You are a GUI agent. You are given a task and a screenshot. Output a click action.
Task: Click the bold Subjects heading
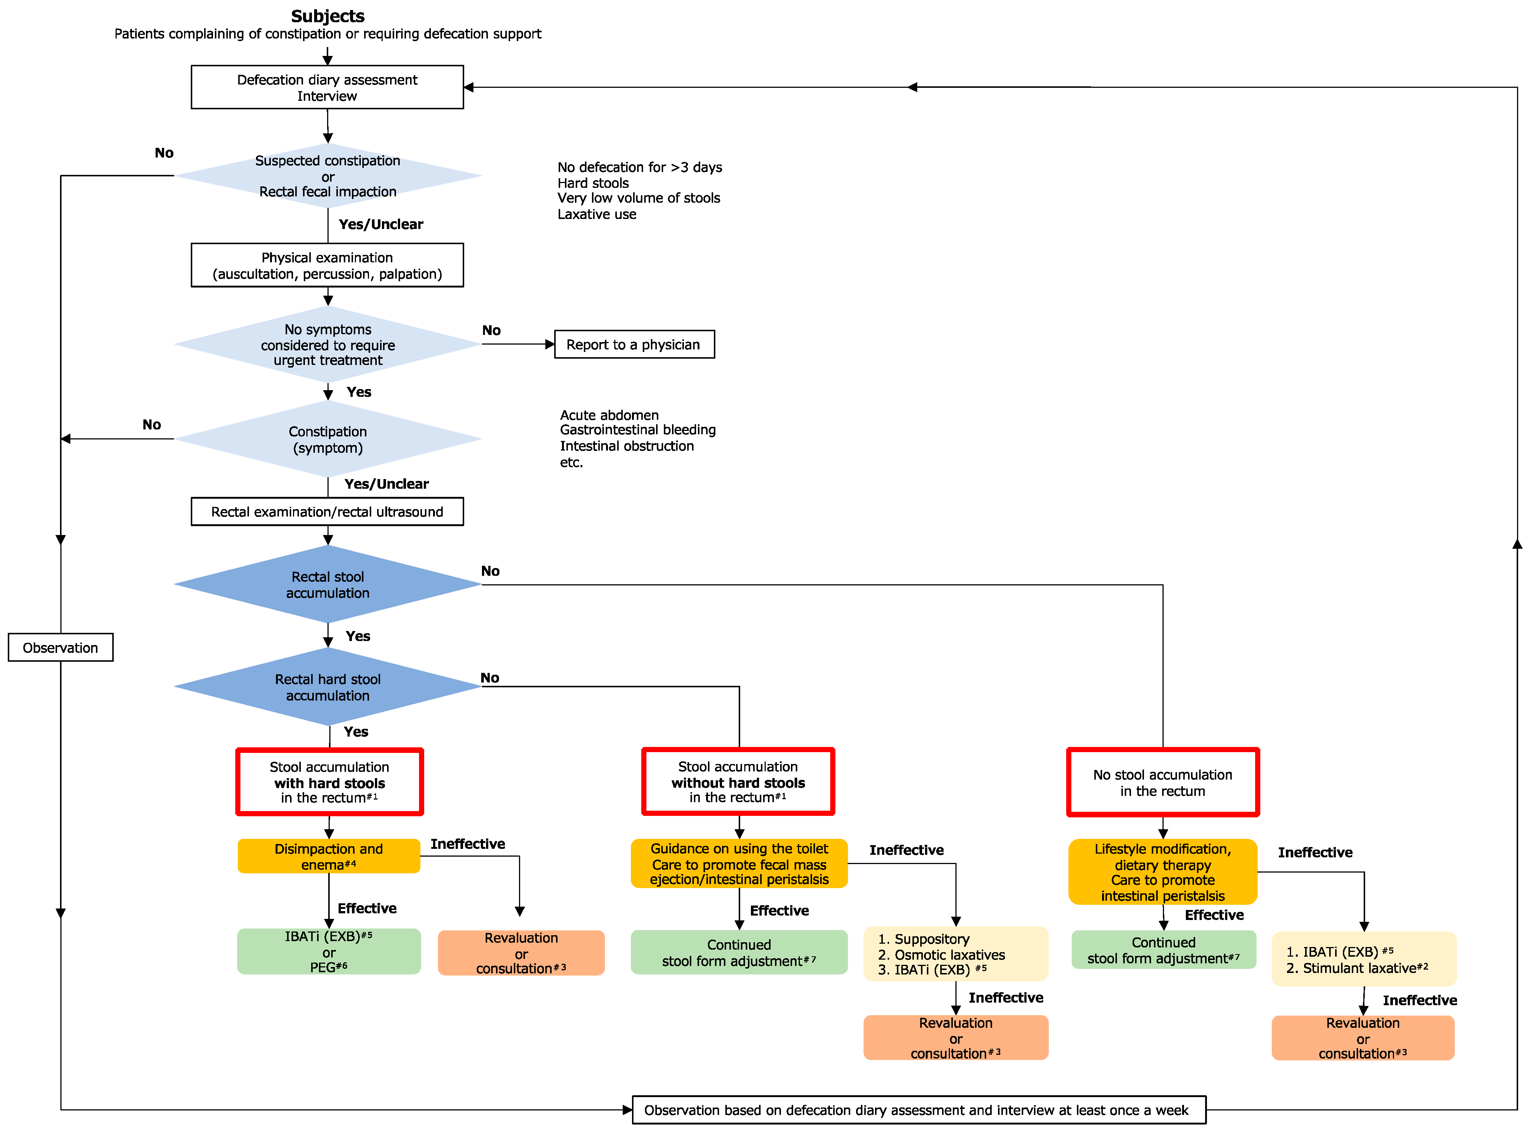coord(327,16)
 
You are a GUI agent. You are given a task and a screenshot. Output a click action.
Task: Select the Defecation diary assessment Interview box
coord(327,87)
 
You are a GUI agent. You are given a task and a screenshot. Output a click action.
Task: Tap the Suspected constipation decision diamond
coord(327,176)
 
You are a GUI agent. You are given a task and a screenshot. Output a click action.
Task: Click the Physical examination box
coord(327,265)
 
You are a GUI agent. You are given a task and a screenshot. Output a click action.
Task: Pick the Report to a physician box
coord(633,345)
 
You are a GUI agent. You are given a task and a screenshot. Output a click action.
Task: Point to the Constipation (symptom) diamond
coord(327,439)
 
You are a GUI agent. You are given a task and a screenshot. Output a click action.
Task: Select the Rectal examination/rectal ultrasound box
coord(327,512)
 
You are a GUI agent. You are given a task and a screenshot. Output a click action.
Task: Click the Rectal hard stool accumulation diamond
coord(327,687)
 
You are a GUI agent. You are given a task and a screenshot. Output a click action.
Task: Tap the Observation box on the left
coord(60,648)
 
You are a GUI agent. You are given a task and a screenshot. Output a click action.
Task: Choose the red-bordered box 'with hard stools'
coord(329,782)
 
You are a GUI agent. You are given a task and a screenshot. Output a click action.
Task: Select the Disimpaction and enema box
coord(329,856)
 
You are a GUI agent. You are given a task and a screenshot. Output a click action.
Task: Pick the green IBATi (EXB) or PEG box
coord(329,952)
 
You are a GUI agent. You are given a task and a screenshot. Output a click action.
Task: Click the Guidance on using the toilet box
coord(739,864)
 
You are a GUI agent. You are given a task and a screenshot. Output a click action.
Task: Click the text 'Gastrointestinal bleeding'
coord(638,430)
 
